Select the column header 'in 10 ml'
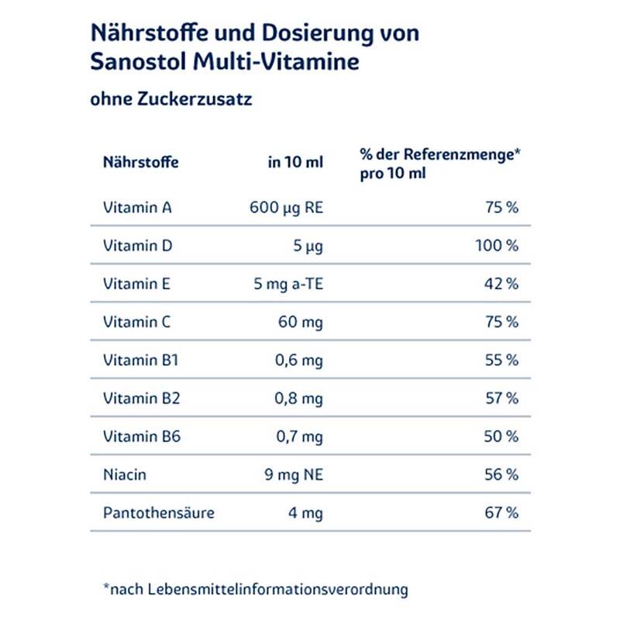(x=295, y=163)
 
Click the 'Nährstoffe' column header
(x=140, y=163)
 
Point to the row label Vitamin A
(x=137, y=208)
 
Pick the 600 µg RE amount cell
(x=286, y=208)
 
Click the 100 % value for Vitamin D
(x=496, y=246)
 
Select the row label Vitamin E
(x=136, y=284)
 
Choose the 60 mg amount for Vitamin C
(x=301, y=322)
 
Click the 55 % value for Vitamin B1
(x=501, y=360)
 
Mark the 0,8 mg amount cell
(x=300, y=398)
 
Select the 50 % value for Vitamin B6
(x=501, y=436)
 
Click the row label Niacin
(x=124, y=474)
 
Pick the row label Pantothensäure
(x=158, y=512)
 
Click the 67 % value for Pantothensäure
(x=501, y=512)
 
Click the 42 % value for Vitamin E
(x=501, y=284)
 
